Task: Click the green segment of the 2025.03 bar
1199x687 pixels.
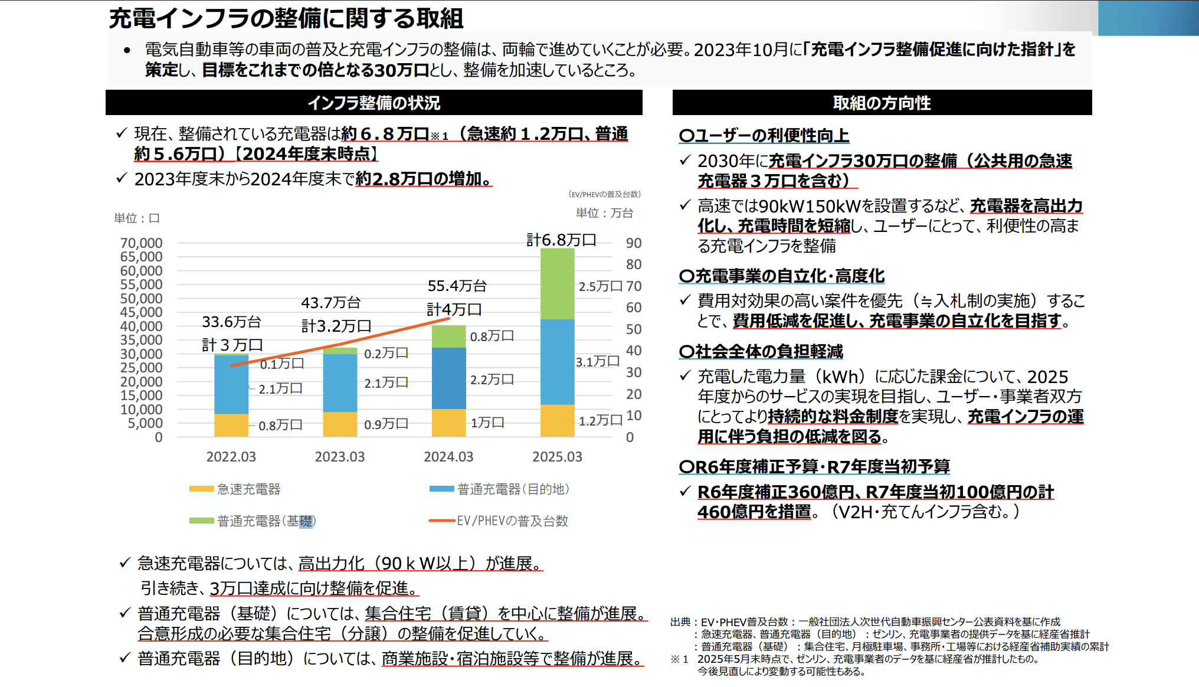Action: click(557, 284)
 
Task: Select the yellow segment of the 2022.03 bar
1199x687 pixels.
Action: click(231, 425)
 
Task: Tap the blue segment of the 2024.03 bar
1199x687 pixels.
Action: click(448, 378)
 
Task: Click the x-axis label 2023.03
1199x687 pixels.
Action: click(340, 457)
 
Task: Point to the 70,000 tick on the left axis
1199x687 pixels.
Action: click(141, 243)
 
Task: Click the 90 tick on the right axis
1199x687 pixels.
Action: click(634, 243)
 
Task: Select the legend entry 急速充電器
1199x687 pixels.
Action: click(248, 489)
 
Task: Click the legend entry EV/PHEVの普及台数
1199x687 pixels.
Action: click(512, 521)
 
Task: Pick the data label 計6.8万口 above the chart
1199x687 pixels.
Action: click(561, 240)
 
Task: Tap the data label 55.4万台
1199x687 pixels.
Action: click(457, 286)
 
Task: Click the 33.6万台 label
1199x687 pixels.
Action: click(231, 322)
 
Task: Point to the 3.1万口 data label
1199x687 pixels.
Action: click(597, 362)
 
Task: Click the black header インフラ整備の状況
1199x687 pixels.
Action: click(374, 103)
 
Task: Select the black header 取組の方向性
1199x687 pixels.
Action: click(882, 103)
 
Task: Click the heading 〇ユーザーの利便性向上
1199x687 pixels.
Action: click(764, 136)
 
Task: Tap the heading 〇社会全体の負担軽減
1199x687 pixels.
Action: click(761, 352)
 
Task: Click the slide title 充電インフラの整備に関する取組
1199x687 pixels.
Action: click(286, 18)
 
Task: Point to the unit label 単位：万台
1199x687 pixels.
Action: click(604, 213)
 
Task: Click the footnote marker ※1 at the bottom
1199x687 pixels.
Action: click(679, 659)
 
